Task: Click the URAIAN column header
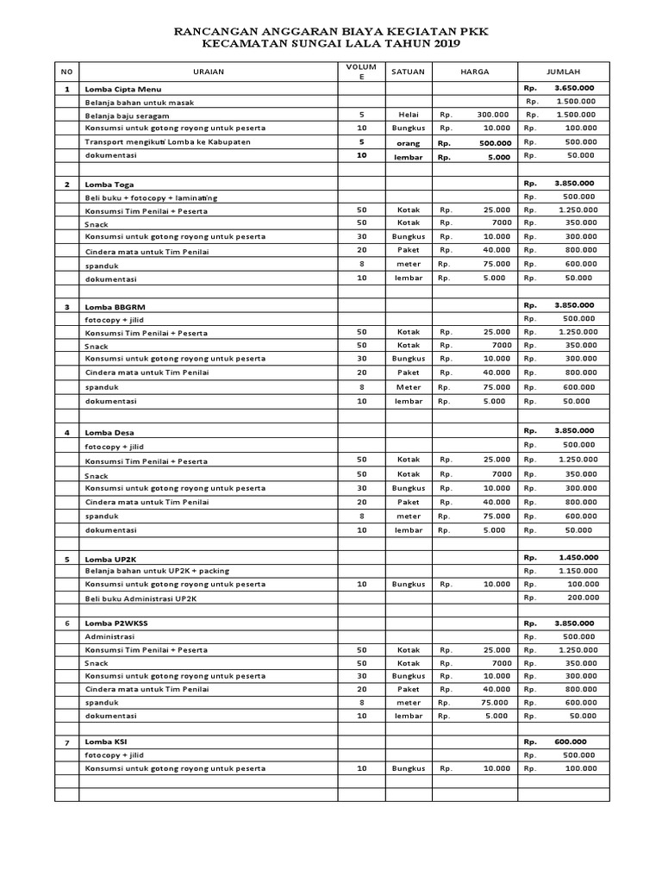point(208,72)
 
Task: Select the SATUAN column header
point(408,72)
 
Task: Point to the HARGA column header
point(474,72)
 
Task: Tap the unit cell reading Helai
point(408,115)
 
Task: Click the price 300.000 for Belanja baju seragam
point(494,115)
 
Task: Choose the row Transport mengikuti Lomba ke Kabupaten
point(167,141)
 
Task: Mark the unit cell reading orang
point(408,142)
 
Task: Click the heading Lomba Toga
point(109,185)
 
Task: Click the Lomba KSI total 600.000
point(570,742)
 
